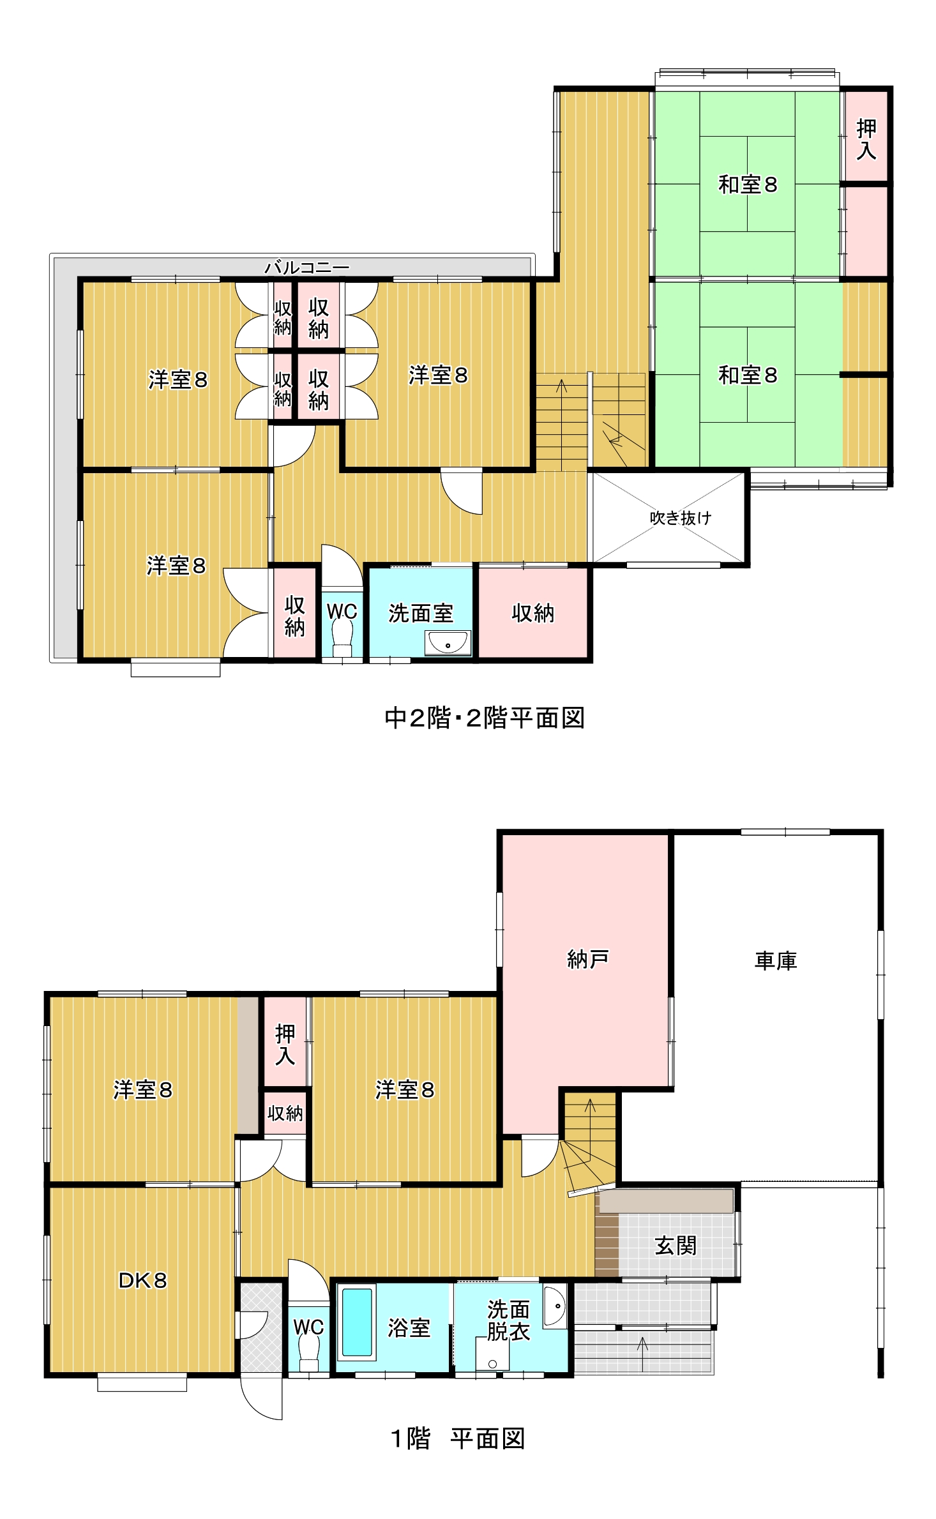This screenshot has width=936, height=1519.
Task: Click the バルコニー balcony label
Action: coord(307,267)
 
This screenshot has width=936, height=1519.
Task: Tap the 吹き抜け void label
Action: coord(680,518)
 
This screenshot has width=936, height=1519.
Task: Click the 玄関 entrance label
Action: coord(676,1245)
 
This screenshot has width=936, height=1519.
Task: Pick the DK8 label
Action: coord(142,1280)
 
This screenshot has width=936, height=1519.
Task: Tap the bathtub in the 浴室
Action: coord(357,1321)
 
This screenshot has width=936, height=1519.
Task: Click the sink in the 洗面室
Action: coord(448,643)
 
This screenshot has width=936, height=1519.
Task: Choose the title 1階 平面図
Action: coord(458,1439)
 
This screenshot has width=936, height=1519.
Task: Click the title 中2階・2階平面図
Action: coord(485,718)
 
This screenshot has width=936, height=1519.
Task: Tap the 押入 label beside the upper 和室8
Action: coord(866,139)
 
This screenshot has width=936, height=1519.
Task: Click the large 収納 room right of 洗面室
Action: coord(533,613)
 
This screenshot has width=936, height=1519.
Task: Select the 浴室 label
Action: coord(409,1328)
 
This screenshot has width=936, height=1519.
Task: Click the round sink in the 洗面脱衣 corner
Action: coord(555,1306)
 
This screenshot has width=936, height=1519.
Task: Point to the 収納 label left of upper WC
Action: coord(294,616)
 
